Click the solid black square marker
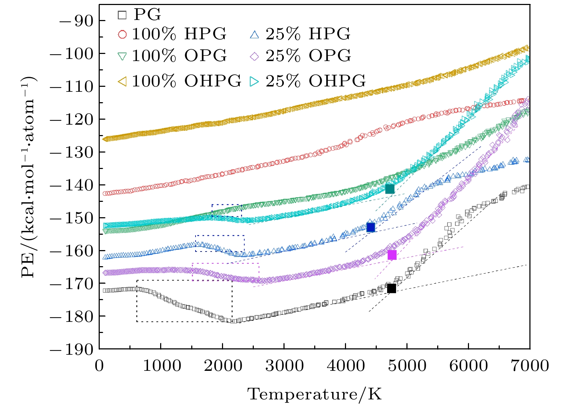pyautogui.click(x=391, y=288)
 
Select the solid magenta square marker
pyautogui.click(x=392, y=255)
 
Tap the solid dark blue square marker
pyautogui.click(x=370, y=227)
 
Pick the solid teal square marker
pyautogui.click(x=390, y=189)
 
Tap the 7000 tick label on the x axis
pyautogui.click(x=529, y=366)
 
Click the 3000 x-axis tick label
pyautogui.click(x=284, y=366)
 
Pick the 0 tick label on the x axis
pyautogui.click(x=99, y=366)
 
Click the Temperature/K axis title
pyautogui.click(x=315, y=394)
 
